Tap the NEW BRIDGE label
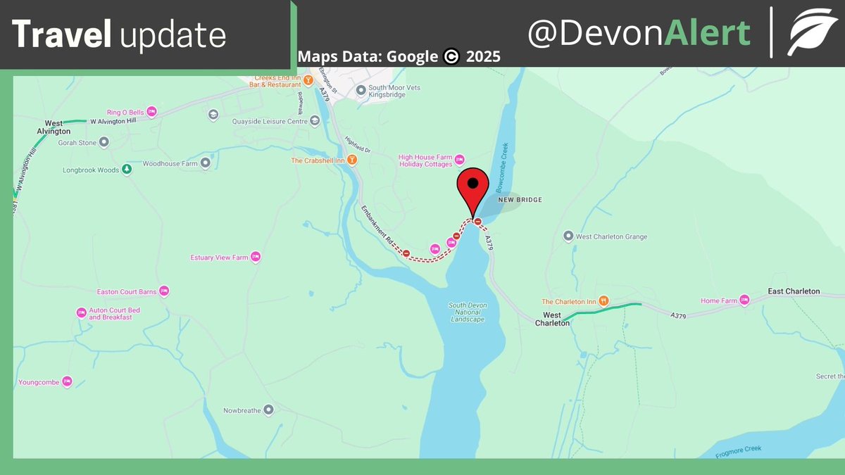520,200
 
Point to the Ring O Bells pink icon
151,112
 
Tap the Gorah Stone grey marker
104,142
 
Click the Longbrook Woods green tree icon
127,170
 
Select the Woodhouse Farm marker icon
206,163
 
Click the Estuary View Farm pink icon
256,258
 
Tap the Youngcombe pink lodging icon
68,381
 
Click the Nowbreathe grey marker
268,410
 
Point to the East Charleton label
794,291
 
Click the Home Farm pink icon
744,301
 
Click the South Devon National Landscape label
467,312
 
